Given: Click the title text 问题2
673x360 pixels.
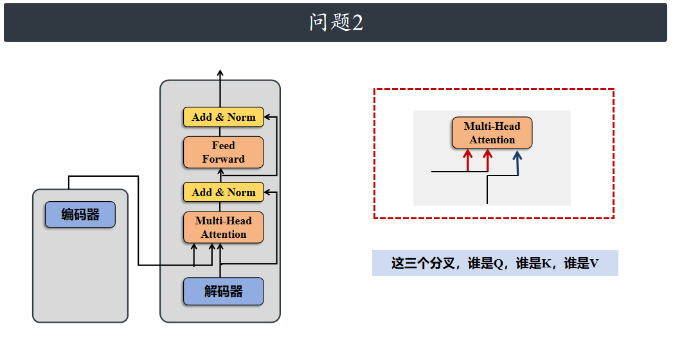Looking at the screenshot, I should tap(336, 22).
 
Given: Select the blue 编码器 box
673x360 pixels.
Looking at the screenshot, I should tap(80, 215).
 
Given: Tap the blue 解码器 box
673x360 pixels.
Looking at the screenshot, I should tap(223, 291).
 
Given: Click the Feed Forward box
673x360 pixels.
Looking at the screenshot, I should tap(223, 152).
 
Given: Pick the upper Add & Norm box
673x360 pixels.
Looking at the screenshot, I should tap(223, 117).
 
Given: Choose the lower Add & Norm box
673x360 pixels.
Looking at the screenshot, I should tap(223, 192).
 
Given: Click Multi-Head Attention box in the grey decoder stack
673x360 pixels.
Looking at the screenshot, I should tap(223, 228).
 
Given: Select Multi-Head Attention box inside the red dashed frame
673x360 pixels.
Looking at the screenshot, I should tap(492, 133).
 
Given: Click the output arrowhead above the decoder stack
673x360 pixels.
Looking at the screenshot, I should tap(220, 73).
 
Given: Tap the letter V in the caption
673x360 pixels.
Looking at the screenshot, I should tap(594, 264).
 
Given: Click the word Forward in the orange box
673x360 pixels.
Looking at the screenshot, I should tap(223, 159).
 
